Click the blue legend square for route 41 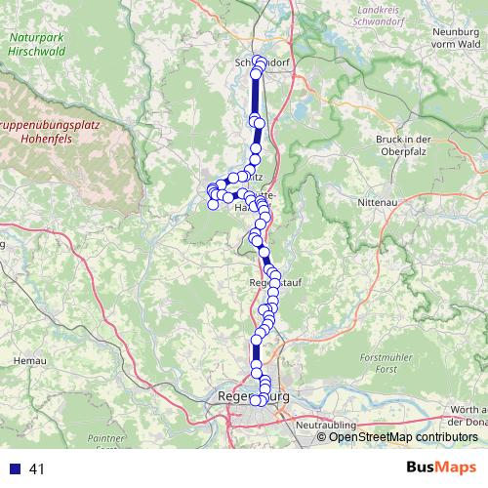(x=15, y=469)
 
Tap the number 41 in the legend (x=38, y=469)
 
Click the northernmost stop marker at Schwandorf (x=258, y=61)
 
